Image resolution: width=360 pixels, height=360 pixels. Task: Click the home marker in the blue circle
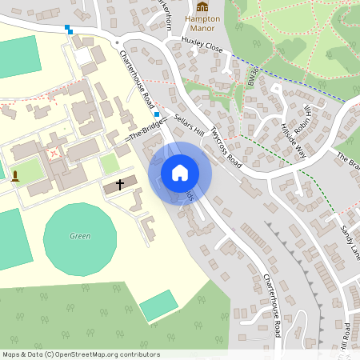(180, 173)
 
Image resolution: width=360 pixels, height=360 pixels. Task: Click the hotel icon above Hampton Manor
(202, 7)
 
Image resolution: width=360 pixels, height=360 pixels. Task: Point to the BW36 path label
(254, 77)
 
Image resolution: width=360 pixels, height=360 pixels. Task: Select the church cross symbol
(120, 184)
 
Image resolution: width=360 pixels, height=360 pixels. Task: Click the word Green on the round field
(80, 236)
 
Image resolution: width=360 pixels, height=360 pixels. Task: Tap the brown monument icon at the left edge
(14, 175)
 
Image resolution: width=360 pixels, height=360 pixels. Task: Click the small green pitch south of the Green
(158, 305)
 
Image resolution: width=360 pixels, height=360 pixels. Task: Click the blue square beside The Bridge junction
(156, 114)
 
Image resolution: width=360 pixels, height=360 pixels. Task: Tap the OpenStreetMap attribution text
(81, 354)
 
